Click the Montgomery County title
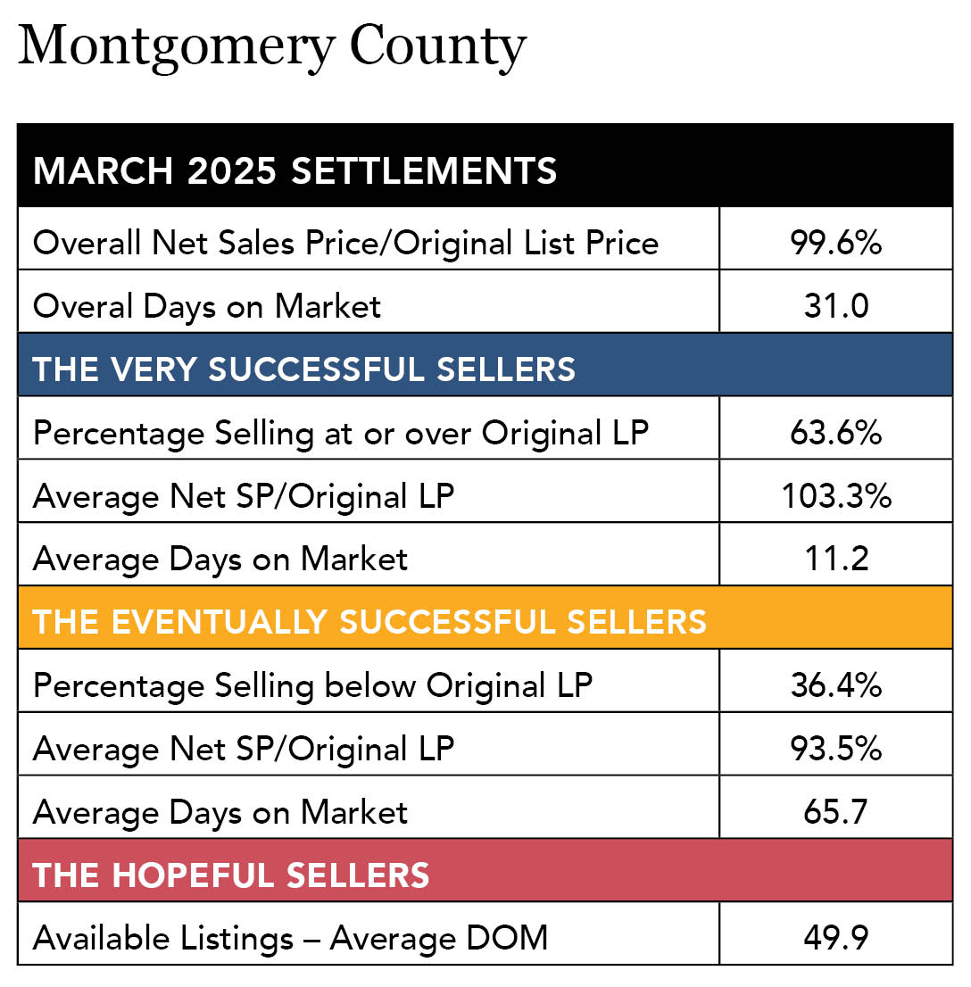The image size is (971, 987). pos(272,46)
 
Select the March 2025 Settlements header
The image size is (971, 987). pos(295,170)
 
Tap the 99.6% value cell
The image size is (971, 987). pos(835,243)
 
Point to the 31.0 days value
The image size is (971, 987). pos(835,306)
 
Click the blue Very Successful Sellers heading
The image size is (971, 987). pos(304,369)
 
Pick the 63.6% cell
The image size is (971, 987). pos(835,433)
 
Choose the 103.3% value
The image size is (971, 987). pos(835,496)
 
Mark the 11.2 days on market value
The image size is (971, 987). pos(835,559)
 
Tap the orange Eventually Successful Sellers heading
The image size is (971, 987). pos(369,621)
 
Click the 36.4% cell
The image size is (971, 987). pos(835,685)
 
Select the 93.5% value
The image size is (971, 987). pos(835,749)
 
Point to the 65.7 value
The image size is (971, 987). pos(835,812)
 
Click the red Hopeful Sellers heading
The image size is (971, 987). pos(231,875)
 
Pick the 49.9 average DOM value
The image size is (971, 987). pos(835,938)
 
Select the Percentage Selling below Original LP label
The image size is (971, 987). pos(312,685)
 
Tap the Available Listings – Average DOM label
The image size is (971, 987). pos(290,938)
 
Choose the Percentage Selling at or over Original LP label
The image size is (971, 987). pos(341,433)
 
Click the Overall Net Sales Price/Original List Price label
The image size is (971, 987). pos(345,243)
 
